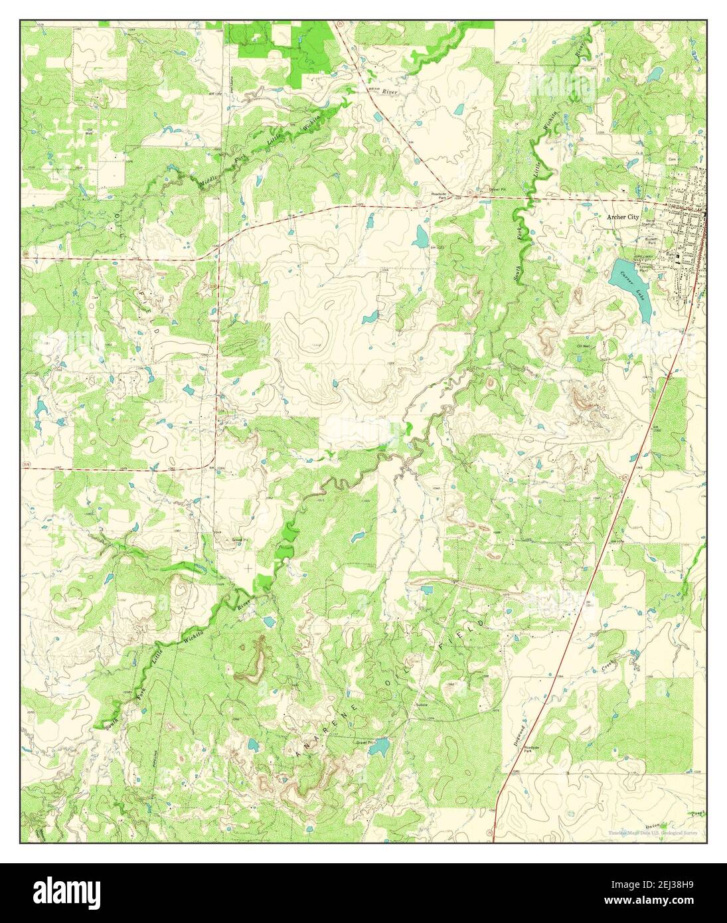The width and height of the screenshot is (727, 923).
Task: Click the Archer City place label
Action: coord(622,216)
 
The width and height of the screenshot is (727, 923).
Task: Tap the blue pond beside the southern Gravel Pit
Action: coord(378,749)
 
